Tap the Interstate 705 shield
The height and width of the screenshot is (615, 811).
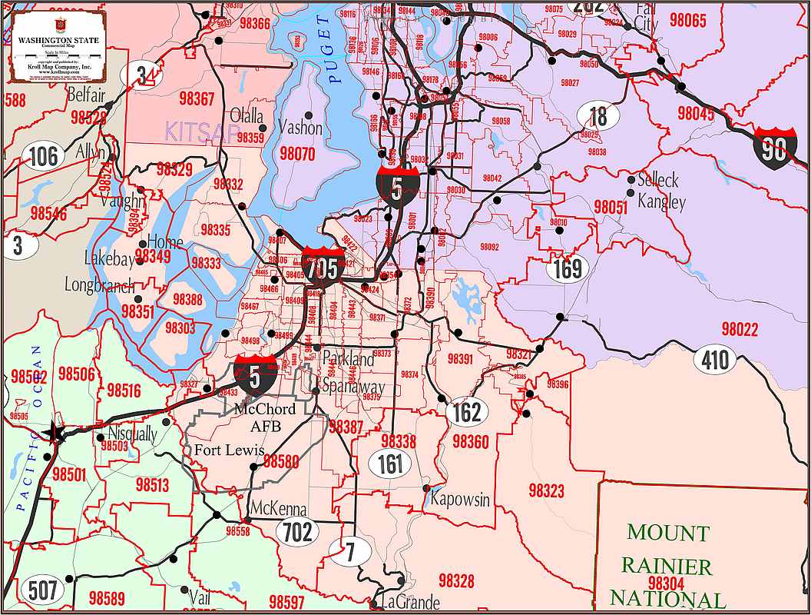323,266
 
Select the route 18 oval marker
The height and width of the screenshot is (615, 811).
597,116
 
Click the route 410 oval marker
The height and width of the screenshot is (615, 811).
714,359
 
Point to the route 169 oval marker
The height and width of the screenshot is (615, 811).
568,268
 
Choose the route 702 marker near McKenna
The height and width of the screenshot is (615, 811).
297,531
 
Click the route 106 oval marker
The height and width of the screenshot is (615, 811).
43,156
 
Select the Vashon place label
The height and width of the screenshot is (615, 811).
300,127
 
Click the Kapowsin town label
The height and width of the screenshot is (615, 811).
460,499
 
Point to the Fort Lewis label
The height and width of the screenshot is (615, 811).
229,450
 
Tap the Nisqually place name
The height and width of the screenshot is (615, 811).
132,434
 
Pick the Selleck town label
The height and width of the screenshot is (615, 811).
658,180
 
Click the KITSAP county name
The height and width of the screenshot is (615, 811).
200,131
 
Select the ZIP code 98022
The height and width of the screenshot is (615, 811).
740,330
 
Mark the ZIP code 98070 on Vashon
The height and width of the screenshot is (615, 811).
297,154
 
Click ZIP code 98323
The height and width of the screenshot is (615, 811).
546,490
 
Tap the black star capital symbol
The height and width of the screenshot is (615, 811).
55,432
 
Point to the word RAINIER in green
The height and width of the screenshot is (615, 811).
667,567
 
